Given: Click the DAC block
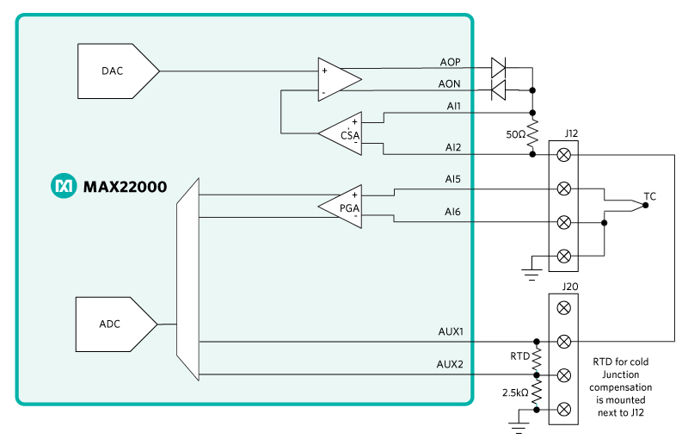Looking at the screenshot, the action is [x=118, y=71].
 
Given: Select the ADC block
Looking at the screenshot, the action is [x=116, y=324].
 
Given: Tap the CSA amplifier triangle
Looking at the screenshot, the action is [x=340, y=133].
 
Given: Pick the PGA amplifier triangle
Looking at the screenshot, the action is [x=340, y=207].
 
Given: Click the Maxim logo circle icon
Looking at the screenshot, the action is [x=64, y=186].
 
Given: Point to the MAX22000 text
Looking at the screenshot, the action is [x=125, y=187].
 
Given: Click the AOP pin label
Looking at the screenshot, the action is [x=450, y=62].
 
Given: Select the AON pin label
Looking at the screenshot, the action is [x=449, y=83].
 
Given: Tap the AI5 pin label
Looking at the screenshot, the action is [x=453, y=179].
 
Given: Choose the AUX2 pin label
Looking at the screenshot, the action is [x=450, y=364].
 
